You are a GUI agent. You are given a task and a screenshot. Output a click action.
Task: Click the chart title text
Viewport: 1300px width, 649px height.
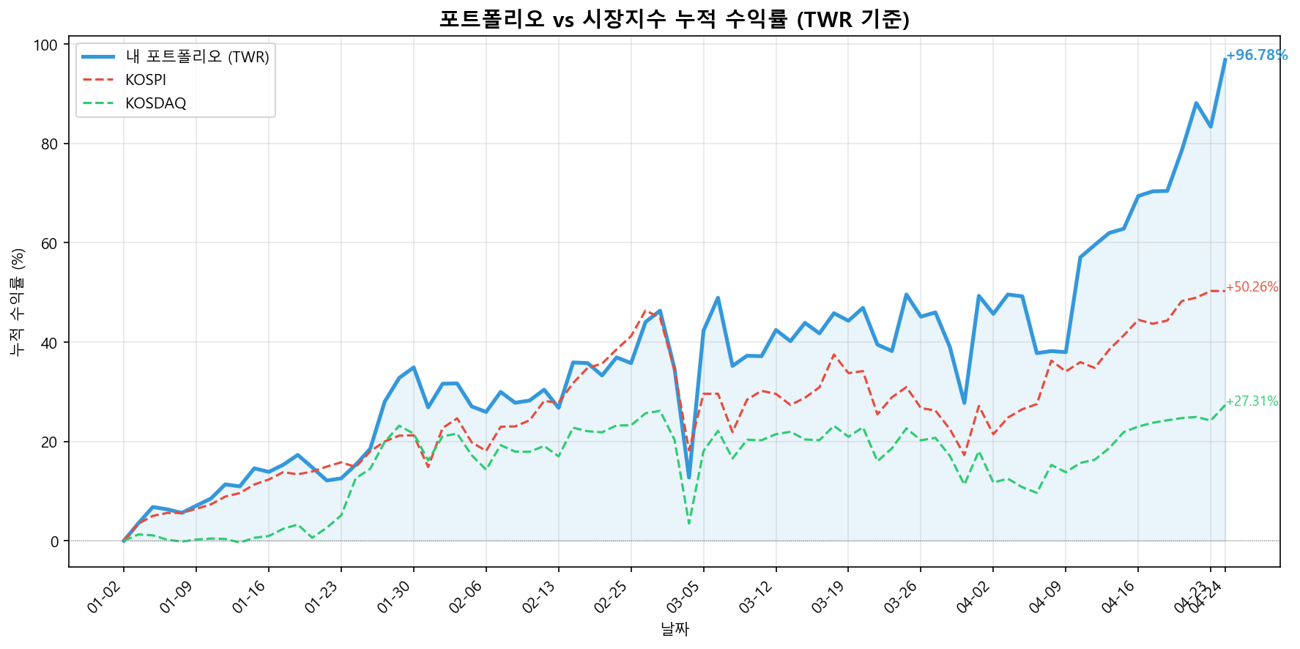click(x=674, y=18)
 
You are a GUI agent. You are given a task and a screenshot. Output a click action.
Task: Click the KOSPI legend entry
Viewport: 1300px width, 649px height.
click(x=146, y=80)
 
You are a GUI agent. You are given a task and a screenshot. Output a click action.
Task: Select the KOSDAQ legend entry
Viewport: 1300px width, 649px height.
click(x=155, y=103)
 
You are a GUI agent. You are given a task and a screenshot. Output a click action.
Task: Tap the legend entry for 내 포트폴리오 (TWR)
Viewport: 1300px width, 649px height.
click(x=197, y=56)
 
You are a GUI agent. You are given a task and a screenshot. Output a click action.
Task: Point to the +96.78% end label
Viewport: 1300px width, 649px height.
click(x=1256, y=56)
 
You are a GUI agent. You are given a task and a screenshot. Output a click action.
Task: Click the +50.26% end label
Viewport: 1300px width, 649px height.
click(x=1252, y=287)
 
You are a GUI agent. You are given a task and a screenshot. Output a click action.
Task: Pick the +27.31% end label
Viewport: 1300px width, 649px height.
click(x=1252, y=401)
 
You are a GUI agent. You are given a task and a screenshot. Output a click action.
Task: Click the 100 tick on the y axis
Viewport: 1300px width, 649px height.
click(x=45, y=45)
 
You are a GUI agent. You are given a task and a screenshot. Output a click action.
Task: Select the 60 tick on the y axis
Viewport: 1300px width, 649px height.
click(x=50, y=243)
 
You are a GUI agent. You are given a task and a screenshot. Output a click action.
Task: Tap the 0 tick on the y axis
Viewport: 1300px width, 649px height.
click(x=55, y=541)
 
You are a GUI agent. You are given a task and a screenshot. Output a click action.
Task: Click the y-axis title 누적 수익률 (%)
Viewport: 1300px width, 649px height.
click(x=18, y=301)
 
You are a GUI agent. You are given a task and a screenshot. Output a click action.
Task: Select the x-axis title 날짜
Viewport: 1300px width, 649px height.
click(x=675, y=628)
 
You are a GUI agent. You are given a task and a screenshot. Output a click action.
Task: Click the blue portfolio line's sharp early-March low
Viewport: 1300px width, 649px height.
click(x=688, y=478)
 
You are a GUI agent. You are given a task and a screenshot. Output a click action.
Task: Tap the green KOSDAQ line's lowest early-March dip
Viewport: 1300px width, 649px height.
click(x=689, y=523)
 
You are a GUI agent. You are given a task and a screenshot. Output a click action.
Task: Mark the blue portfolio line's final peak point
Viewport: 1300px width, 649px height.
click(x=1225, y=59)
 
